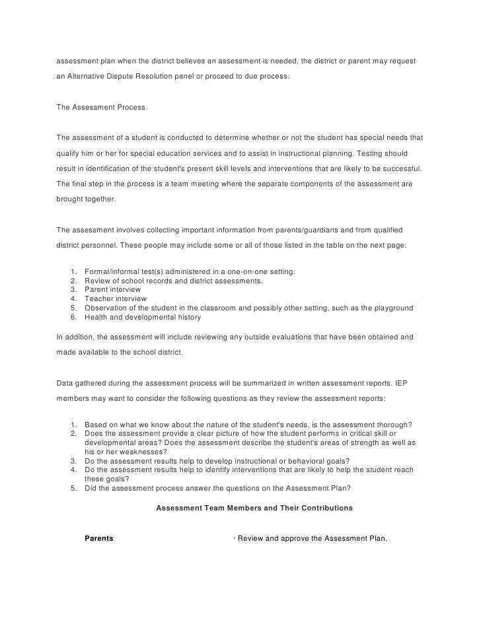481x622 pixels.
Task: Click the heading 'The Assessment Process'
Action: (x=100, y=106)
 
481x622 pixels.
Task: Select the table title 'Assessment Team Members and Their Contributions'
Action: (x=254, y=508)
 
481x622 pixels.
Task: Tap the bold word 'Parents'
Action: (x=99, y=538)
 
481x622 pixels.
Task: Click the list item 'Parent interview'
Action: (x=113, y=290)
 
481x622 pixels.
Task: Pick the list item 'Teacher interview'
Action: (x=116, y=299)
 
